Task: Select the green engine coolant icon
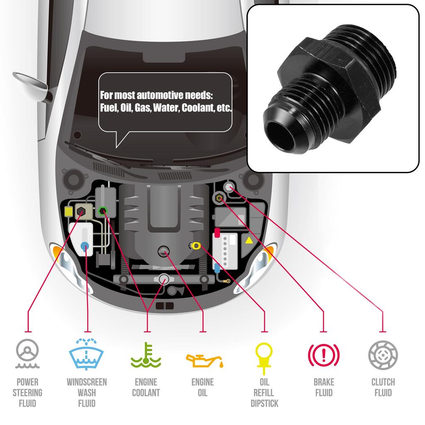pos(146,355)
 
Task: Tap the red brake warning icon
pos(323,355)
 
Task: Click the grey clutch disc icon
pos(383,355)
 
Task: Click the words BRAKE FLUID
pos(323,387)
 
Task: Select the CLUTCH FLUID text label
pos(383,387)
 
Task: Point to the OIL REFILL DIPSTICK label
pos(264,392)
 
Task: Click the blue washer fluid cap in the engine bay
pos(85,245)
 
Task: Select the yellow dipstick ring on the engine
pos(196,246)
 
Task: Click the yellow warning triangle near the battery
pos(249,240)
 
